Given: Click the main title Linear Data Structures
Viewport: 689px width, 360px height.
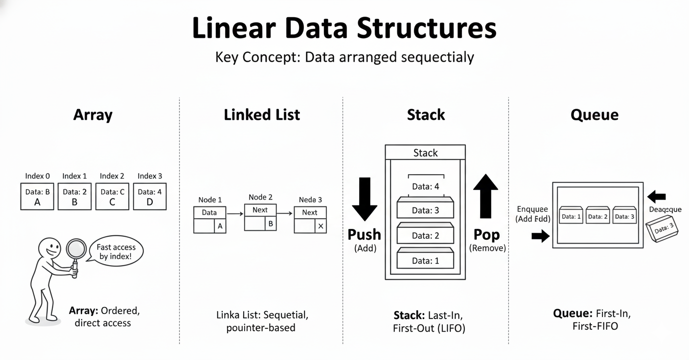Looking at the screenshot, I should pos(344,28).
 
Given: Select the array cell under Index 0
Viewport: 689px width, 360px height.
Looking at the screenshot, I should pos(37,196).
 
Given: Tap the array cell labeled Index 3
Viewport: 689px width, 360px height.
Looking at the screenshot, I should pos(150,196).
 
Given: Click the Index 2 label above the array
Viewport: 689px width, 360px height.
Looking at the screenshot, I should pos(112,176).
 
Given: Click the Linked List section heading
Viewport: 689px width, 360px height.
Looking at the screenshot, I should pos(262,115).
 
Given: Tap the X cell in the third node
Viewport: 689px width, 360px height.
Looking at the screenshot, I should pos(321,226).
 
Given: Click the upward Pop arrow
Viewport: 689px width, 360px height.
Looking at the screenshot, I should pos(485,196).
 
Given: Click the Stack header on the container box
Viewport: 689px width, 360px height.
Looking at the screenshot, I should pos(425,153).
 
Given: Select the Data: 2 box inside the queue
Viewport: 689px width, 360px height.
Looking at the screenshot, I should pos(597,215).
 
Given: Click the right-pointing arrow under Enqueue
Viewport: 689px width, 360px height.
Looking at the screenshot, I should pos(540,236).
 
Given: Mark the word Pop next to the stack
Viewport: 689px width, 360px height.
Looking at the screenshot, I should pos(486,235).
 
